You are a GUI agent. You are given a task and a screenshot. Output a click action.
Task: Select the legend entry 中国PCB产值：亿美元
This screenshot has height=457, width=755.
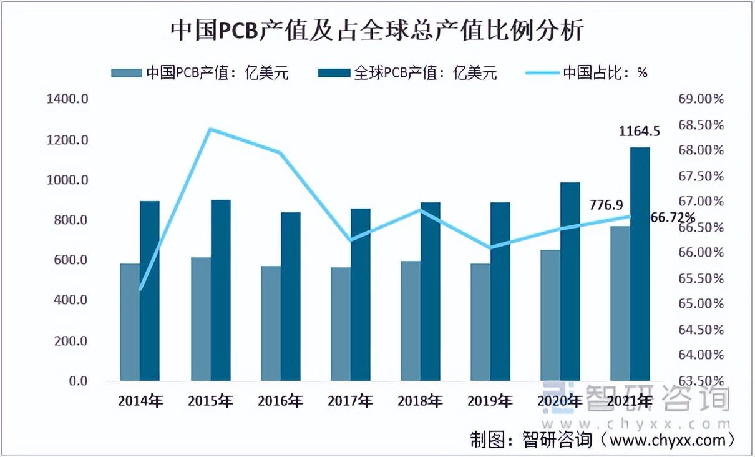click(x=200, y=72)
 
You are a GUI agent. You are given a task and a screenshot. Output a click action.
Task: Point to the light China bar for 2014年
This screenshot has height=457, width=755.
click(x=130, y=322)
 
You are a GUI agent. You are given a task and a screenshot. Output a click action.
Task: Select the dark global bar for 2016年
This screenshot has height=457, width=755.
click(x=290, y=296)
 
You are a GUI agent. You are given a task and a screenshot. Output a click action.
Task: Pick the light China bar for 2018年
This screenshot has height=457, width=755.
click(x=411, y=321)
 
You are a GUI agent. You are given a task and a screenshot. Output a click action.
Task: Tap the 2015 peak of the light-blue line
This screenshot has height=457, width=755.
click(x=210, y=129)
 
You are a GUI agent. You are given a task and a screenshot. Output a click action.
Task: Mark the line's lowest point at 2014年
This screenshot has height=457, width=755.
click(x=140, y=289)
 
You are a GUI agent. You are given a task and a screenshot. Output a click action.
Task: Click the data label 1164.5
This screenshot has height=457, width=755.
click(x=639, y=131)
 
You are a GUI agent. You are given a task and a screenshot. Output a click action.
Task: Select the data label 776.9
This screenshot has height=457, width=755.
click(x=606, y=204)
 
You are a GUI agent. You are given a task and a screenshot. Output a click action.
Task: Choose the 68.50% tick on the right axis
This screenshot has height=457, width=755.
click(x=700, y=125)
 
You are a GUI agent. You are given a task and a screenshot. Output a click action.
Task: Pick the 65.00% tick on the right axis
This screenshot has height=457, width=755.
click(x=700, y=304)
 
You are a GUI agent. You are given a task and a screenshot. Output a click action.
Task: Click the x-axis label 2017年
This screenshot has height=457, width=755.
click(x=350, y=401)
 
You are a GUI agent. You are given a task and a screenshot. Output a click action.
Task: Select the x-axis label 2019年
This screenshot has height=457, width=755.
click(x=490, y=401)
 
